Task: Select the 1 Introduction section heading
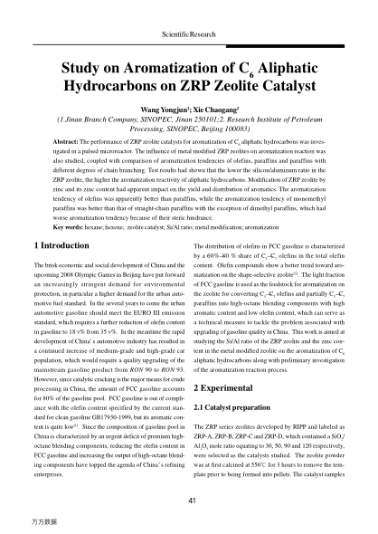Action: coord(69,245)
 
